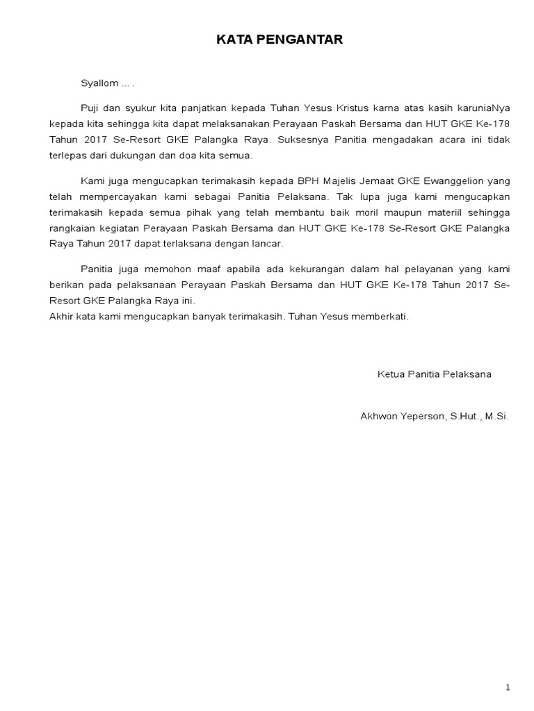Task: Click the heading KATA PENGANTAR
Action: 280,40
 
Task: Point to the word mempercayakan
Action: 107,196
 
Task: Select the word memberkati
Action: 382,317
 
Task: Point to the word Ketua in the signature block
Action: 389,374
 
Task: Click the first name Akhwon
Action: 377,417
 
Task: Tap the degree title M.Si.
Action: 496,417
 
